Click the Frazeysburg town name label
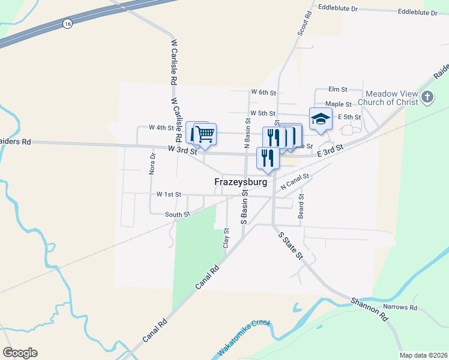tap(241, 181)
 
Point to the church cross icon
tap(427, 97)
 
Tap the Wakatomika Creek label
tap(244, 339)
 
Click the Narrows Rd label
tap(400, 307)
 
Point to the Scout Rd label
tap(304, 23)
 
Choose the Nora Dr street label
tap(152, 163)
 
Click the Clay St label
tap(226, 238)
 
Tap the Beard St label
tap(301, 205)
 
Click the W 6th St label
tap(264, 92)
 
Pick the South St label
tap(178, 214)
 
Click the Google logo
tap(20, 353)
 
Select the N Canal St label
tap(294, 181)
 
